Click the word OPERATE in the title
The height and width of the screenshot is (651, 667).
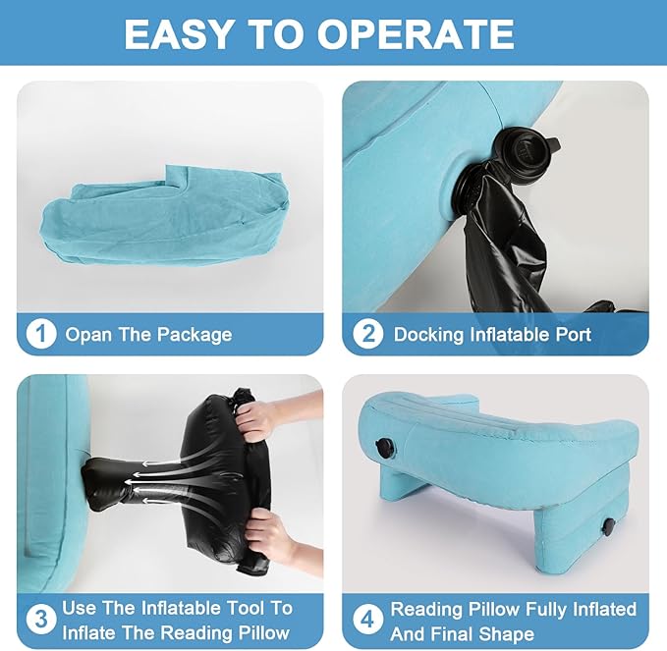pos(416,34)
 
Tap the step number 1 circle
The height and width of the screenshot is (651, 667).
pos(41,334)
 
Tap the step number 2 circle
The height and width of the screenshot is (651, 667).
pos(368,334)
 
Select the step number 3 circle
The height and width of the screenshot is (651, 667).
pos(41,620)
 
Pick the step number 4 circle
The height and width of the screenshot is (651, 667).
pos(368,620)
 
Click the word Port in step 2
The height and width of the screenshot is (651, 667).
pos(574,335)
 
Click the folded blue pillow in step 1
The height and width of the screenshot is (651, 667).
pos(166,217)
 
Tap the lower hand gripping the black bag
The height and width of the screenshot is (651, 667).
pos(276,537)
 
